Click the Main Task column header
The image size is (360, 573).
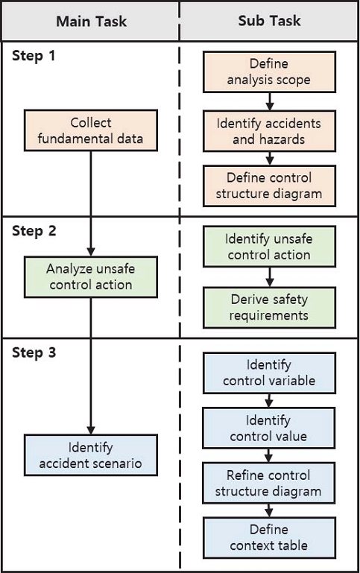pyautogui.click(x=91, y=21)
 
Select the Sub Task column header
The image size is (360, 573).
pyautogui.click(x=269, y=21)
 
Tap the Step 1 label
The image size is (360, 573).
pyautogui.click(x=34, y=57)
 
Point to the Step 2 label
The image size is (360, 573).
pyautogui.click(x=34, y=230)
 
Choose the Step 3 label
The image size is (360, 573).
pyautogui.click(x=34, y=352)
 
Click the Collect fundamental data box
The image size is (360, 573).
pyautogui.click(x=91, y=130)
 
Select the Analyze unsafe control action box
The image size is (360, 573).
pyautogui.click(x=91, y=276)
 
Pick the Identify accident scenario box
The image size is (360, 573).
pyautogui.click(x=91, y=456)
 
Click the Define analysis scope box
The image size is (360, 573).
pyautogui.click(x=269, y=72)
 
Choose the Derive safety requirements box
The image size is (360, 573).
pyautogui.click(x=269, y=307)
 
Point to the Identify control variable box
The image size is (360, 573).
pyautogui.click(x=269, y=373)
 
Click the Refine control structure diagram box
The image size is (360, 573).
pyautogui.click(x=269, y=483)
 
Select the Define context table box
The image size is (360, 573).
pyautogui.click(x=269, y=537)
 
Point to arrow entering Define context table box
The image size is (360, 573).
pyautogui.click(x=269, y=510)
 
